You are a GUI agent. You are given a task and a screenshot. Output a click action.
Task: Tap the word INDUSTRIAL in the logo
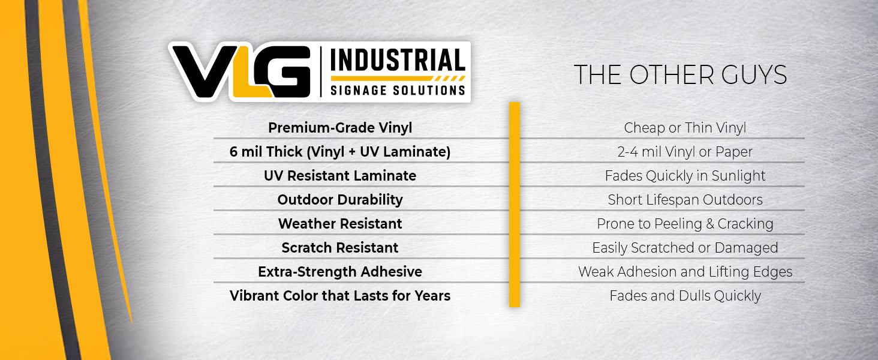[x=398, y=61]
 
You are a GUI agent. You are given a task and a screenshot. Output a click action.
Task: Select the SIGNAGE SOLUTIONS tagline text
[x=398, y=90]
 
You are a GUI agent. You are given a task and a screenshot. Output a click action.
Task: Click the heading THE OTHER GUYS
[x=681, y=75]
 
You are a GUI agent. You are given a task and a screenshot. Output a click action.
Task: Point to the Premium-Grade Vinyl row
[x=340, y=128]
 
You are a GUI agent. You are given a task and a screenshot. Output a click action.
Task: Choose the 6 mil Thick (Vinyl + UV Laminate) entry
[x=340, y=152]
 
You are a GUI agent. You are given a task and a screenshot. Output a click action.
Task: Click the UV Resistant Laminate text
[x=340, y=176]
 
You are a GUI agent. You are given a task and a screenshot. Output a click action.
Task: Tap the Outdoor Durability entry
[x=340, y=200]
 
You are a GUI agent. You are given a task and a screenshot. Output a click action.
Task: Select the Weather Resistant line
[x=340, y=224]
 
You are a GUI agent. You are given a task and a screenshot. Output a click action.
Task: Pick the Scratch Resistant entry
[x=340, y=248]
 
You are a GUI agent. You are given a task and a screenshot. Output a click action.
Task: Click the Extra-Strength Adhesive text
[x=340, y=272]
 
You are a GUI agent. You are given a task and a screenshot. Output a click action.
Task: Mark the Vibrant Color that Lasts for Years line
[x=340, y=296]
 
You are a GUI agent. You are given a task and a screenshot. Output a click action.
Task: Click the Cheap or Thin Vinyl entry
[x=685, y=128]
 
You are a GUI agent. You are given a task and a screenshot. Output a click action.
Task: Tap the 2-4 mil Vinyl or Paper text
[x=685, y=152]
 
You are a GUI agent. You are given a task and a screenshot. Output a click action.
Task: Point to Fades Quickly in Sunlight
[x=685, y=176]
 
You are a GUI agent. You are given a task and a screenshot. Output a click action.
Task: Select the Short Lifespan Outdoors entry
[x=685, y=200]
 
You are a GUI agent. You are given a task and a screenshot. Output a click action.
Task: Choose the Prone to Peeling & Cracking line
[x=685, y=224]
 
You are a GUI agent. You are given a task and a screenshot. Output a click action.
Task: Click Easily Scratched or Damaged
[x=685, y=248]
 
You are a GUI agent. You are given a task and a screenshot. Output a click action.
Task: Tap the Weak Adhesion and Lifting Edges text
[x=685, y=272]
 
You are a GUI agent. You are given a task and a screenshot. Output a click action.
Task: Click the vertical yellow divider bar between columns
[x=515, y=205]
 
